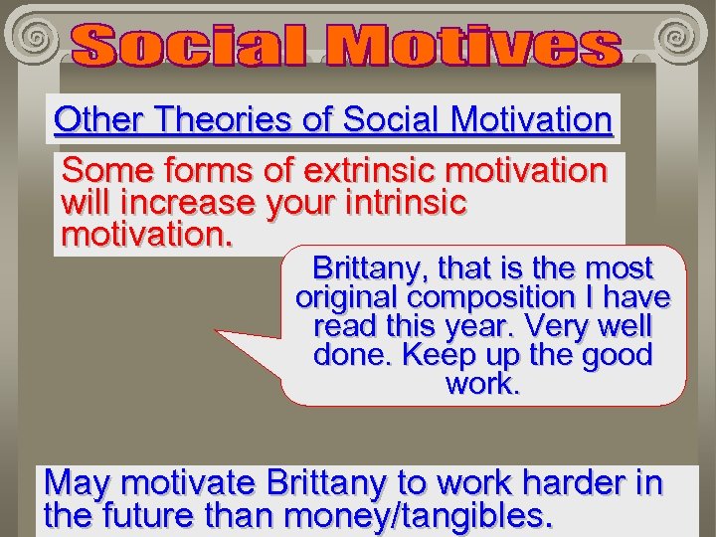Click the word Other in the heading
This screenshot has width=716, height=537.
[x=95, y=119]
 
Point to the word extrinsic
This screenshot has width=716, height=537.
[x=354, y=171]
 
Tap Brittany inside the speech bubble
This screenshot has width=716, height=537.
[x=369, y=268]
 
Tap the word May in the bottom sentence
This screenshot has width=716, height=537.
[x=77, y=483]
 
